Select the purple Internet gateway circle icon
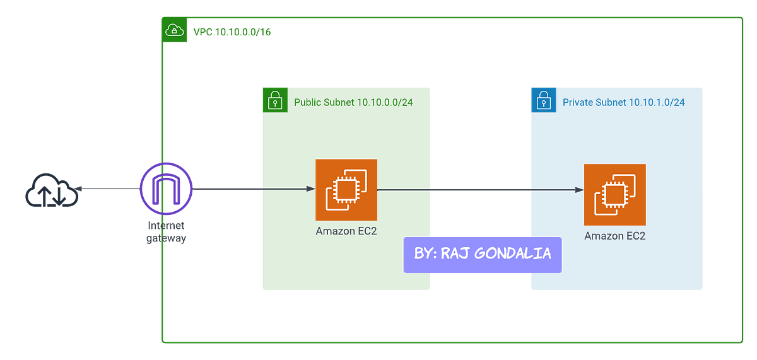point(167,188)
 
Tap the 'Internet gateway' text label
point(166,232)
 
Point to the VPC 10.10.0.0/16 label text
point(231,32)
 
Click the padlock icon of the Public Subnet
point(275,100)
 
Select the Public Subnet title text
point(353,101)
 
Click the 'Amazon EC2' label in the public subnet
point(346,231)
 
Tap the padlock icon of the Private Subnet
point(543,101)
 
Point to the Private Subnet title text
point(623,102)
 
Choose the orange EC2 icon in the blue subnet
point(614,194)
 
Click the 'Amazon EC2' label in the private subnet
point(614,236)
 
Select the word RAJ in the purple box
point(462,253)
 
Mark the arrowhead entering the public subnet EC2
point(310,189)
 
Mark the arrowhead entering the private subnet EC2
point(578,189)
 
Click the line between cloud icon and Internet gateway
point(111,188)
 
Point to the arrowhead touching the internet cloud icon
point(81,187)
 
